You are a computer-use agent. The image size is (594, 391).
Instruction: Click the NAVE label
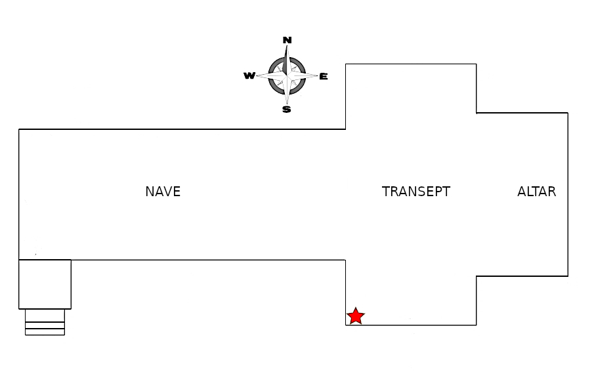point(163,192)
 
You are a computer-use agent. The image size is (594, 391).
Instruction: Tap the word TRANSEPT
point(416,192)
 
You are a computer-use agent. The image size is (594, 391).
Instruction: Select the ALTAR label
point(536,192)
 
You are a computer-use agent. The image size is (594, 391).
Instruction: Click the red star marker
point(355,316)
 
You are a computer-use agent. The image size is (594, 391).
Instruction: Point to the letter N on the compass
point(287,41)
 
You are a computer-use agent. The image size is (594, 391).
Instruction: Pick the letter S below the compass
point(287,110)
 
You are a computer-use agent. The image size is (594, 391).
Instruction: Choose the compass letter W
point(249,76)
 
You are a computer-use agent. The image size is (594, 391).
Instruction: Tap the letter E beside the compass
point(324,77)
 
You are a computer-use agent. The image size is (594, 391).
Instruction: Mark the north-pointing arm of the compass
point(287,58)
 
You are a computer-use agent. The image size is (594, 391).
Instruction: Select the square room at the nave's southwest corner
point(45,284)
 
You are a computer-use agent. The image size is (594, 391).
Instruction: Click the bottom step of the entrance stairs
point(45,332)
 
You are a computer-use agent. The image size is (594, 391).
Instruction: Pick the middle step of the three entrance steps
point(45,325)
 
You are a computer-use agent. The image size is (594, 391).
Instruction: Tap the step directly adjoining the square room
point(45,316)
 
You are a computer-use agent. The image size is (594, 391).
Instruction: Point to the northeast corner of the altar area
point(568,113)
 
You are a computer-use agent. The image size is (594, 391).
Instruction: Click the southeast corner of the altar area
point(568,276)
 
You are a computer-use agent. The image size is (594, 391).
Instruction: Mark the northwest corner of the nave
point(19,129)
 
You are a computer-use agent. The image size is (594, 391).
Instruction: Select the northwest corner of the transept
point(346,64)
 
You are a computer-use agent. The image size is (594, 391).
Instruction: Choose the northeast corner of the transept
point(476,64)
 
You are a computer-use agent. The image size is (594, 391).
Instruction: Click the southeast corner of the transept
point(476,325)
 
